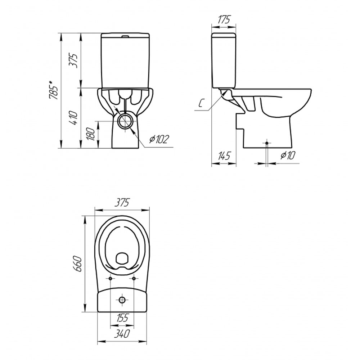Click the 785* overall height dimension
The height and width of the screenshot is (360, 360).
(54, 90)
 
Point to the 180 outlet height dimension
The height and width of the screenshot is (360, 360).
(91, 134)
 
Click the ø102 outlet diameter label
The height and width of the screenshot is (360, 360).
(159, 139)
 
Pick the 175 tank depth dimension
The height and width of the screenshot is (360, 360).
(224, 20)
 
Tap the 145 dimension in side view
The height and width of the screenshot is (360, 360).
(224, 156)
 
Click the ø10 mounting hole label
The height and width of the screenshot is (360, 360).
(287, 156)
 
